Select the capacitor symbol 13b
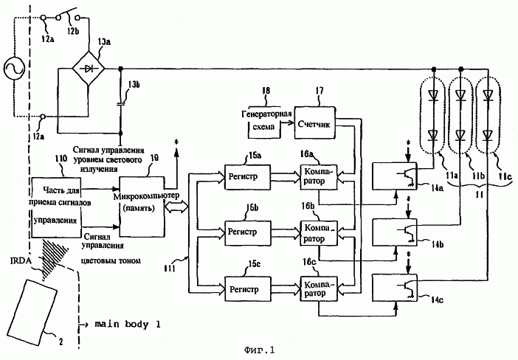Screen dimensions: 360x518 [120, 101]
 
